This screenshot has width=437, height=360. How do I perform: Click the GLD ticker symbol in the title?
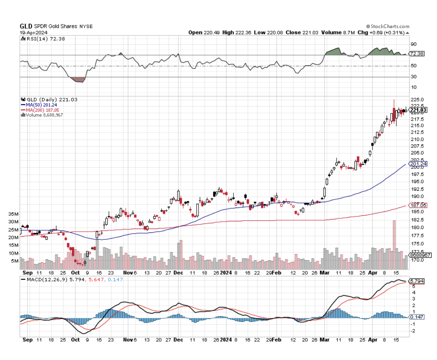[25, 26]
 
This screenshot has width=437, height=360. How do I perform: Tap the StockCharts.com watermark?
[388, 26]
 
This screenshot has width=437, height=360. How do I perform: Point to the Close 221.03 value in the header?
[307, 33]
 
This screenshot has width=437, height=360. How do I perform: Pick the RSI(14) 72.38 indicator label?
[39, 38]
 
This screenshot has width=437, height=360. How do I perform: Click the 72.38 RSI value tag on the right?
[417, 54]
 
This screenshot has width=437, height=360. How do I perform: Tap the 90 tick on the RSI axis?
[414, 44]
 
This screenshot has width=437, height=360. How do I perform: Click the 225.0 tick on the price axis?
[417, 100]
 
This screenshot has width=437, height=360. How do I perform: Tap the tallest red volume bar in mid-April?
[394, 245]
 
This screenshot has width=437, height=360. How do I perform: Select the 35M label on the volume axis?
[14, 214]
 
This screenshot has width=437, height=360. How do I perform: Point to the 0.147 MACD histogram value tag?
[416, 317]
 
